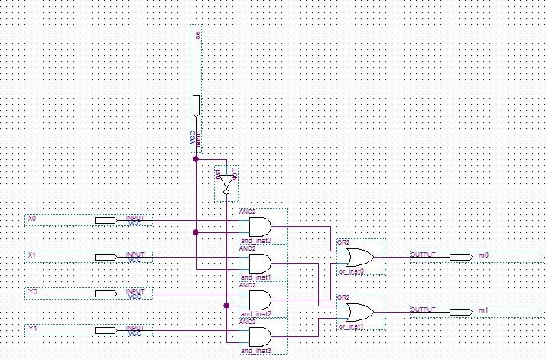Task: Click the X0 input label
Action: [32, 219]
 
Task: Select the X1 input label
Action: [32, 255]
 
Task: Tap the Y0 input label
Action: [32, 291]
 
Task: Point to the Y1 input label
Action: [32, 327]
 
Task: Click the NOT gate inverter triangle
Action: [226, 182]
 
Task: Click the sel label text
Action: [197, 34]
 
